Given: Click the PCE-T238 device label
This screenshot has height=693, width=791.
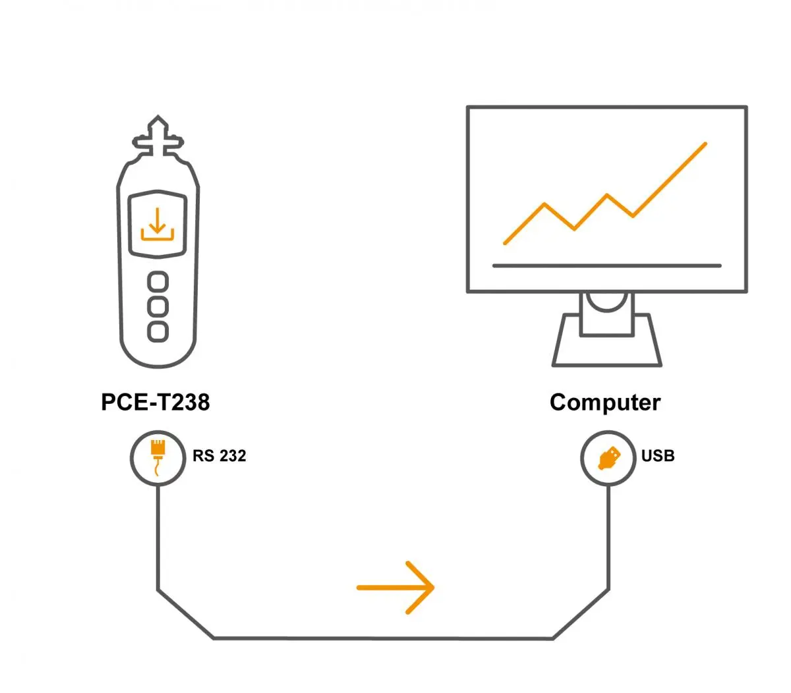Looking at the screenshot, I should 155,402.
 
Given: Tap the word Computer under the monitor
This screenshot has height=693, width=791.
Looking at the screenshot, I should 604,402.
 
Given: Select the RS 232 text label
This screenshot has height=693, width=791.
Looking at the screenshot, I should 220,456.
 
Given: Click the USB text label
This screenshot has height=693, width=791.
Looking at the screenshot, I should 658,456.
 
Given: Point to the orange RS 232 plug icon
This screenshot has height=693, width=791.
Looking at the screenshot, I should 158,455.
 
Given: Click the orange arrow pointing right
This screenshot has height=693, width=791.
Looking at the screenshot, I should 395,587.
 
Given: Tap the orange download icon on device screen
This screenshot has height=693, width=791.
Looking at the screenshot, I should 157,224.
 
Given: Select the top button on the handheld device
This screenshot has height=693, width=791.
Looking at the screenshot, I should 158,282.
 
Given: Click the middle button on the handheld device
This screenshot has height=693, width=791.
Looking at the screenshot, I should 158,306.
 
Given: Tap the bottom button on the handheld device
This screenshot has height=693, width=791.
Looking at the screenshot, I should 158,331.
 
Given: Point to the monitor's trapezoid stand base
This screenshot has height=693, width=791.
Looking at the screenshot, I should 606,349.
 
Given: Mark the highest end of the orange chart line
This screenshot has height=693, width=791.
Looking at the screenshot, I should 705,144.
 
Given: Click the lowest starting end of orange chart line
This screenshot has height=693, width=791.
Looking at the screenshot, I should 506,243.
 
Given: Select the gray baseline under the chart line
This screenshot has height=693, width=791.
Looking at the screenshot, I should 606,265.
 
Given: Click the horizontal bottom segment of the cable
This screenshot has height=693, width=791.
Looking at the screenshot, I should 382,638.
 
